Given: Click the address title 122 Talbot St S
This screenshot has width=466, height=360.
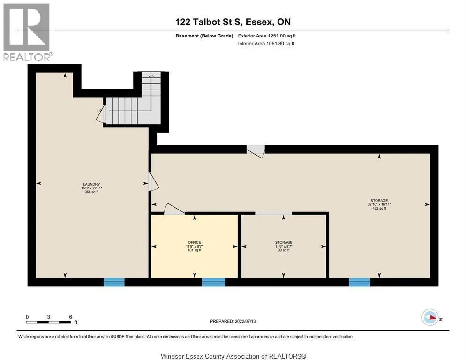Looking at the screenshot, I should click(x=233, y=22).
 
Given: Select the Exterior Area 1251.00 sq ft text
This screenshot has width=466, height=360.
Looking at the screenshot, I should click(x=267, y=36).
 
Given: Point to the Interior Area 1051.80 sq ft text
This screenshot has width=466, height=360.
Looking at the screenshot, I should click(x=266, y=44).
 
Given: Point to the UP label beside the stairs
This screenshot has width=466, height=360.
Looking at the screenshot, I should click(x=99, y=111).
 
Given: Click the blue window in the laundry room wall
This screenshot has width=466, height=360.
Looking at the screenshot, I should click(x=114, y=282).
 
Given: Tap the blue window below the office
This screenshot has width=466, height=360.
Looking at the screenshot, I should click(x=213, y=282).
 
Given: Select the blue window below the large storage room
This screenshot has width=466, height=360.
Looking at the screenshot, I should click(x=360, y=282).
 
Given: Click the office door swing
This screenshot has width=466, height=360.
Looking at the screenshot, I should click(x=174, y=209).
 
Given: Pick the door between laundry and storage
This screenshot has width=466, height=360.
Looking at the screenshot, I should click(x=151, y=182).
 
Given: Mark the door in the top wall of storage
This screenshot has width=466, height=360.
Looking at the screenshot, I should click(x=256, y=150).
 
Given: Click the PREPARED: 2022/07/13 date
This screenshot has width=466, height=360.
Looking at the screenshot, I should click(x=233, y=321).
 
